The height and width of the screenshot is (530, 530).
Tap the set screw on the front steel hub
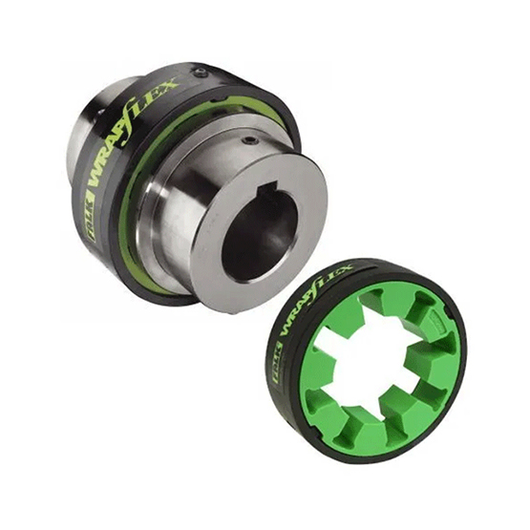(250, 140)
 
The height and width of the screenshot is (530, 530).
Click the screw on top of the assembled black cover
(201, 72)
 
